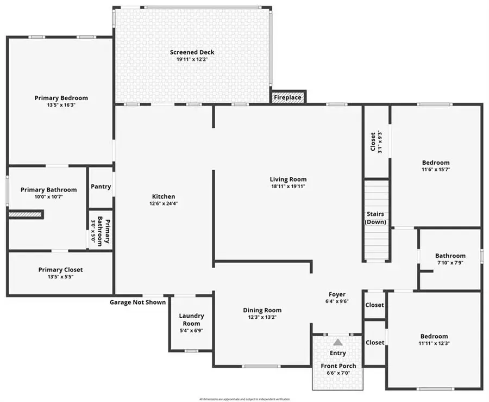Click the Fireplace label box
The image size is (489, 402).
tap(288, 97)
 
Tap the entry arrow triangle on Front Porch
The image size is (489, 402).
tap(338, 342)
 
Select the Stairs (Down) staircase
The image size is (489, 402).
tap(376, 220)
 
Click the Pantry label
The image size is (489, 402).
tap(101, 187)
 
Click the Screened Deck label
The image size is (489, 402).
tap(192, 52)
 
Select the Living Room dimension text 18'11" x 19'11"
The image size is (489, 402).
tap(288, 186)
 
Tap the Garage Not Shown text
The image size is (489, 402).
tap(138, 302)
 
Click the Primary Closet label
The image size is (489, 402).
tap(60, 270)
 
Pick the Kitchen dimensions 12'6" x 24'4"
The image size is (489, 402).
tap(163, 203)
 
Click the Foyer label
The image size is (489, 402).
tap(337, 294)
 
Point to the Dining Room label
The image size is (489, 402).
tap(262, 310)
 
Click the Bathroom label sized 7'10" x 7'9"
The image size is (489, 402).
tap(450, 256)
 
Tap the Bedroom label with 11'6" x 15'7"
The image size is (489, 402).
tap(436, 163)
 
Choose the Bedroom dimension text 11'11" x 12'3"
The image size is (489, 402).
tap(434, 343)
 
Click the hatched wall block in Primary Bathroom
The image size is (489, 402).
tap(25, 215)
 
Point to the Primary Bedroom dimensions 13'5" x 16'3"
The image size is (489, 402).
tap(61, 105)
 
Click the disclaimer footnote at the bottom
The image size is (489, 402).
tap(244, 399)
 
